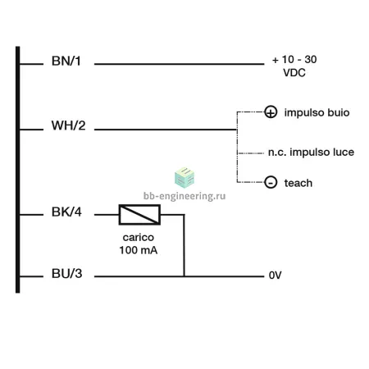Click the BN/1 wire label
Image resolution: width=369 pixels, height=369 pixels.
tap(66, 61)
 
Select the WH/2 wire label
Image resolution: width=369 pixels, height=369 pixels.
tap(68, 125)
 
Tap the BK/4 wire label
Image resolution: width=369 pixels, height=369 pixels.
tap(66, 212)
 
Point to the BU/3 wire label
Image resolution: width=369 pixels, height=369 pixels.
tap(66, 274)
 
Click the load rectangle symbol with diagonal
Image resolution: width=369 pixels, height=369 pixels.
tap(139, 215)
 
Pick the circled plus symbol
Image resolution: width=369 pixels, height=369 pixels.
tap(271, 112)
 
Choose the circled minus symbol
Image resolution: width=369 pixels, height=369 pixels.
tap(271, 182)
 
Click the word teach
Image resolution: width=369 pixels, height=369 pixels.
tap(298, 183)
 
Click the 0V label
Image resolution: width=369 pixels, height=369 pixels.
tap(275, 276)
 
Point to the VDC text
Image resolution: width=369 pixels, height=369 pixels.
tap(294, 73)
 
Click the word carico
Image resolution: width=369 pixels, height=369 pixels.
tap(139, 237)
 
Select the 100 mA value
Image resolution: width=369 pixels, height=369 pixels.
tap(139, 250)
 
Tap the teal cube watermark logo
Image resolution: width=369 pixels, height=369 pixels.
tap(184, 177)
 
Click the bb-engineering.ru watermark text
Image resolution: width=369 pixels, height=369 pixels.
tap(184, 196)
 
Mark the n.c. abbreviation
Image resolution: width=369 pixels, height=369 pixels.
tap(277, 153)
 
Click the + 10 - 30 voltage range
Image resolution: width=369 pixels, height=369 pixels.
tap(294, 59)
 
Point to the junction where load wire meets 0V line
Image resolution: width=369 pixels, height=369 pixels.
tap(184, 276)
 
